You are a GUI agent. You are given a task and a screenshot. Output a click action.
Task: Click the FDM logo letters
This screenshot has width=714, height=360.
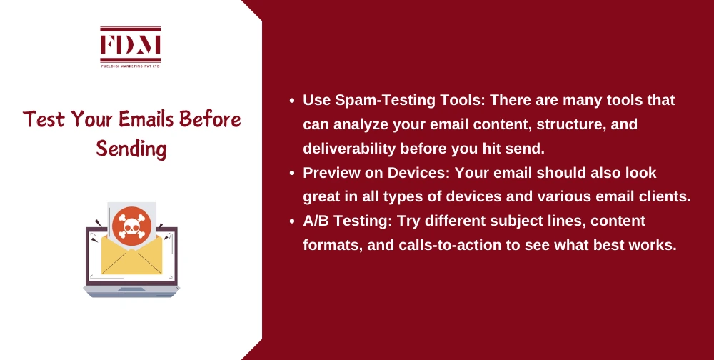coord(131,44)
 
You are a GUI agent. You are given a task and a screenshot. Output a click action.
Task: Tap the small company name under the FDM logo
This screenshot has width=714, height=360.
coord(131,65)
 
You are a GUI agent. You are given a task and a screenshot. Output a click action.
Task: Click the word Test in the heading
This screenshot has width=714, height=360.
coord(44,119)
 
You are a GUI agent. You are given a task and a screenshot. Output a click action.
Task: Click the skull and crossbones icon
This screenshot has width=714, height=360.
coord(131,226)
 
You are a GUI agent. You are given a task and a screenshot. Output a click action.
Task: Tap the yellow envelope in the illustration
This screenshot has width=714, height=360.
coord(131,258)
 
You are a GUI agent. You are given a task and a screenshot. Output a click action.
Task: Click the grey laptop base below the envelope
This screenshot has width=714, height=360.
coord(131,290)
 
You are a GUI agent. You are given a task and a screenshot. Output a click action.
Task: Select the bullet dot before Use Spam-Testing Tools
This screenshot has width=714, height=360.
coord(293,101)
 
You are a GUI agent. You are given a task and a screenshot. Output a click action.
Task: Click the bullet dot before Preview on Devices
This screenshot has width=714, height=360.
coord(293,174)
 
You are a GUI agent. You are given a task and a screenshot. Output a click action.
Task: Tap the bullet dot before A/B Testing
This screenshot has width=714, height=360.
coord(293,222)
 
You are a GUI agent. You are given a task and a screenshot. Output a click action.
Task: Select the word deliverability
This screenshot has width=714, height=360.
coord(348,149)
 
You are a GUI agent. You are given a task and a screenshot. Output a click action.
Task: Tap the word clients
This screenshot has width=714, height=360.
coord(667,198)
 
